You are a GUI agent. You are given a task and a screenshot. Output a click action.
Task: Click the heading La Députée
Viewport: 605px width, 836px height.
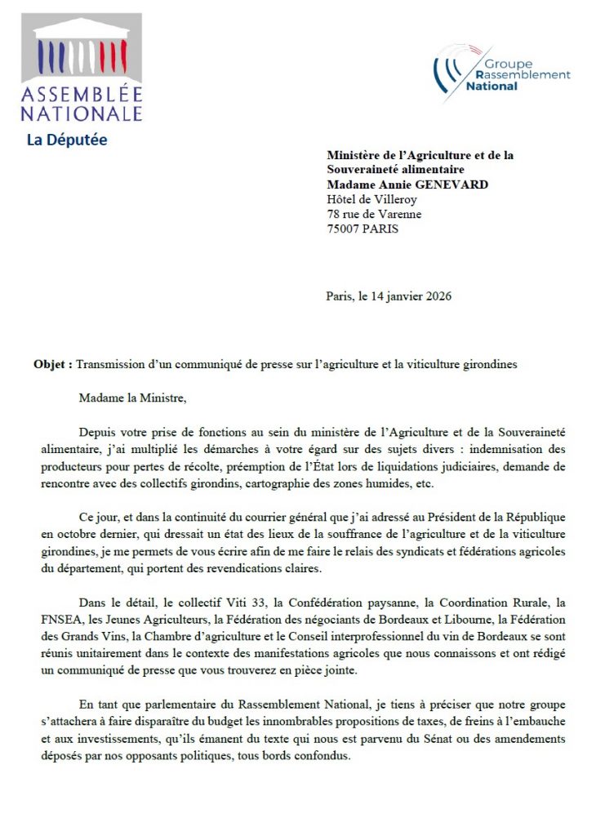tap(67, 140)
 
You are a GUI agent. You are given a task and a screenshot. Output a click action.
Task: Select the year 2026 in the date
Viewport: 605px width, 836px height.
tap(436, 296)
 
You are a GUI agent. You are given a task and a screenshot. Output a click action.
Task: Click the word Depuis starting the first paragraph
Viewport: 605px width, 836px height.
tap(99, 431)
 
